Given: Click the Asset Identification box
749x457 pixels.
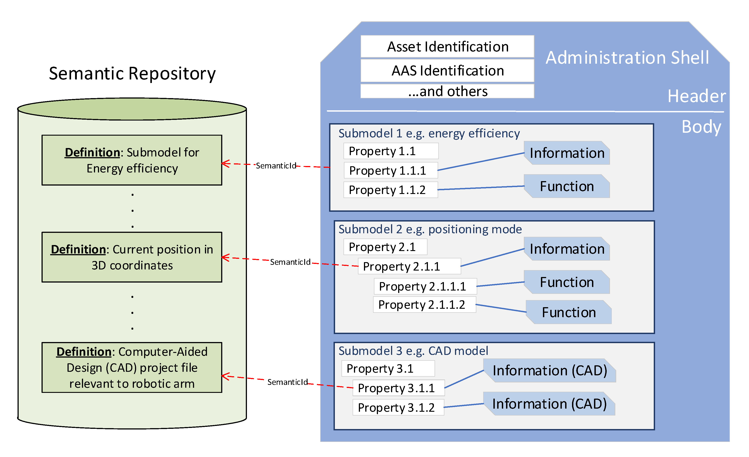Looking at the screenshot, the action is pos(447,46).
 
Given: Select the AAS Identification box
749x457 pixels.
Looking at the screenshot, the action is pos(447,71).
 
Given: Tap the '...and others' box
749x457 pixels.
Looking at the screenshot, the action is pos(447,91).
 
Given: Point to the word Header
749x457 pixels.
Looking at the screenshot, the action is pos(696,96).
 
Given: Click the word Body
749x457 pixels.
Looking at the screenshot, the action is pos(701,127).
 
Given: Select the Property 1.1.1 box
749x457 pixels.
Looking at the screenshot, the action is pos(391,170).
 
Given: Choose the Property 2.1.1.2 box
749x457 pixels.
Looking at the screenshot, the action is pos(425,305).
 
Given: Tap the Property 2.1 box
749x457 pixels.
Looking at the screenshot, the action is pos(385,247).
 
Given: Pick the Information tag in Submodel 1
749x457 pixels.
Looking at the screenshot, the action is pos(567,153).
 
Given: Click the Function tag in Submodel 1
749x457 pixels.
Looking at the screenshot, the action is pos(567,186).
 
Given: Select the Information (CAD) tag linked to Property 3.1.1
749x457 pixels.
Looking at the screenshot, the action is pos(550,370).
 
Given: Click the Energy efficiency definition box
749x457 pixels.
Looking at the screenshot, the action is pos(132,160).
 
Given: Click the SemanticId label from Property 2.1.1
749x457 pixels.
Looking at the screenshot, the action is pos(290,262).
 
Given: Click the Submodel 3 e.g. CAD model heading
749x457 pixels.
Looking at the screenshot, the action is pos(413,351).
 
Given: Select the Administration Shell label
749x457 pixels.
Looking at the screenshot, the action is pos(627,57).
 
